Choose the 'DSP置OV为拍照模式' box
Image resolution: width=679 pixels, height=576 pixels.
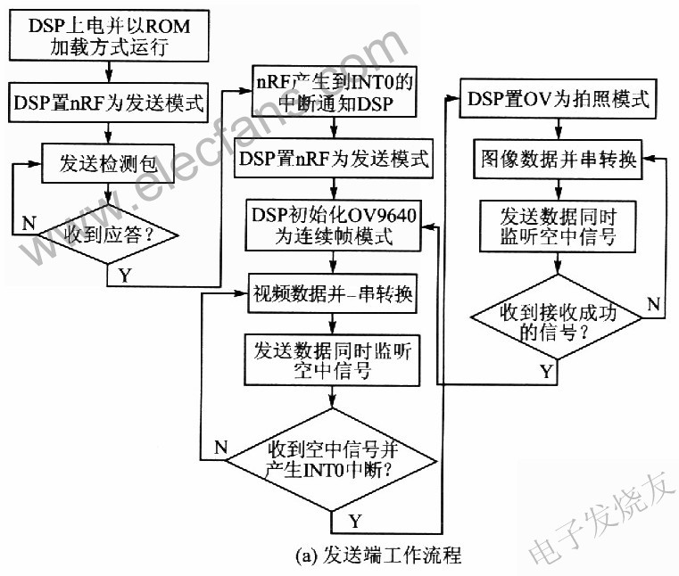(x=558, y=100)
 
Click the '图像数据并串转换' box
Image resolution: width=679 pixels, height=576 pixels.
(x=558, y=161)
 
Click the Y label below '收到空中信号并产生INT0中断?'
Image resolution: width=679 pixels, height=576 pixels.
(x=354, y=518)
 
